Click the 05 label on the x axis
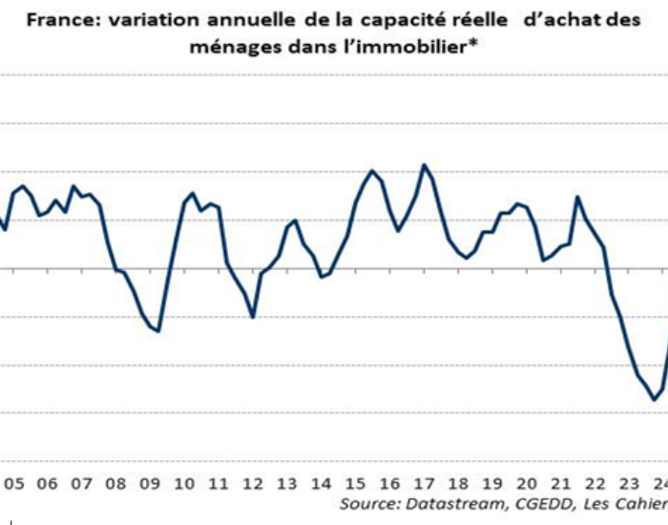point(14,484)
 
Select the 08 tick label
point(115,484)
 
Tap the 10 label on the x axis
point(184,484)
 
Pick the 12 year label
point(253,484)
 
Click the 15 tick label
point(355,484)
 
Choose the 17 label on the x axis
point(424,484)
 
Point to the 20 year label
point(527,484)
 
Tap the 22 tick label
point(595,484)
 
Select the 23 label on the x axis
point(629,484)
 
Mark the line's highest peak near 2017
point(424,165)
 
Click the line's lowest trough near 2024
point(655,399)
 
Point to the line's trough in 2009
point(158,330)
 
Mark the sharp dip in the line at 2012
point(253,317)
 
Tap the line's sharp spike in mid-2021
point(577,198)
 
